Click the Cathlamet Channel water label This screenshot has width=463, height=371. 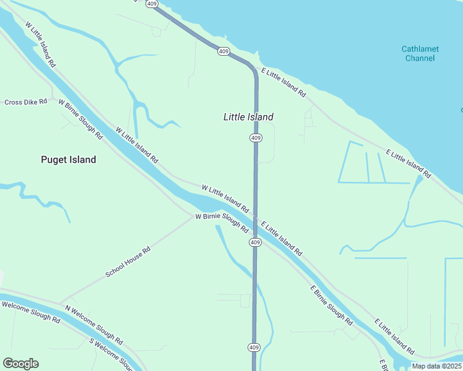coord(420,53)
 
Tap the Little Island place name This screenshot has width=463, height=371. coord(248,117)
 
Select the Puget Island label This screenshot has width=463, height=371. coord(68,160)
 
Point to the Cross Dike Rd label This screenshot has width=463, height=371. coord(26,102)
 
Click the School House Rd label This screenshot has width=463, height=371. coord(128,263)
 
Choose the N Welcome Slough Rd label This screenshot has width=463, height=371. coord(93,324)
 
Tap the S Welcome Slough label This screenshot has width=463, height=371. coord(111,352)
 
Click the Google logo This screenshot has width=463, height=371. coord(20,364)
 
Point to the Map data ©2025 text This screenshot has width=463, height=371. coord(436,366)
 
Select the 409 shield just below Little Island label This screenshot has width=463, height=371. coord(256,137)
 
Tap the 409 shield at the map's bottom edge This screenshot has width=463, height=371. coord(254,348)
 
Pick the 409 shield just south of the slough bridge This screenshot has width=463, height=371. coord(256,242)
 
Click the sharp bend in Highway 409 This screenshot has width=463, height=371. coord(253,69)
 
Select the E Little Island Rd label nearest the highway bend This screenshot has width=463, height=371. coord(283,82)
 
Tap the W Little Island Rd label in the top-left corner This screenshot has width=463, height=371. coord(41,45)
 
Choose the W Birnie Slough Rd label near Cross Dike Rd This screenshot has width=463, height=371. coord(80,118)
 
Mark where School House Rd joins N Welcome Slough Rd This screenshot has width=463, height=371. coord(60,303)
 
